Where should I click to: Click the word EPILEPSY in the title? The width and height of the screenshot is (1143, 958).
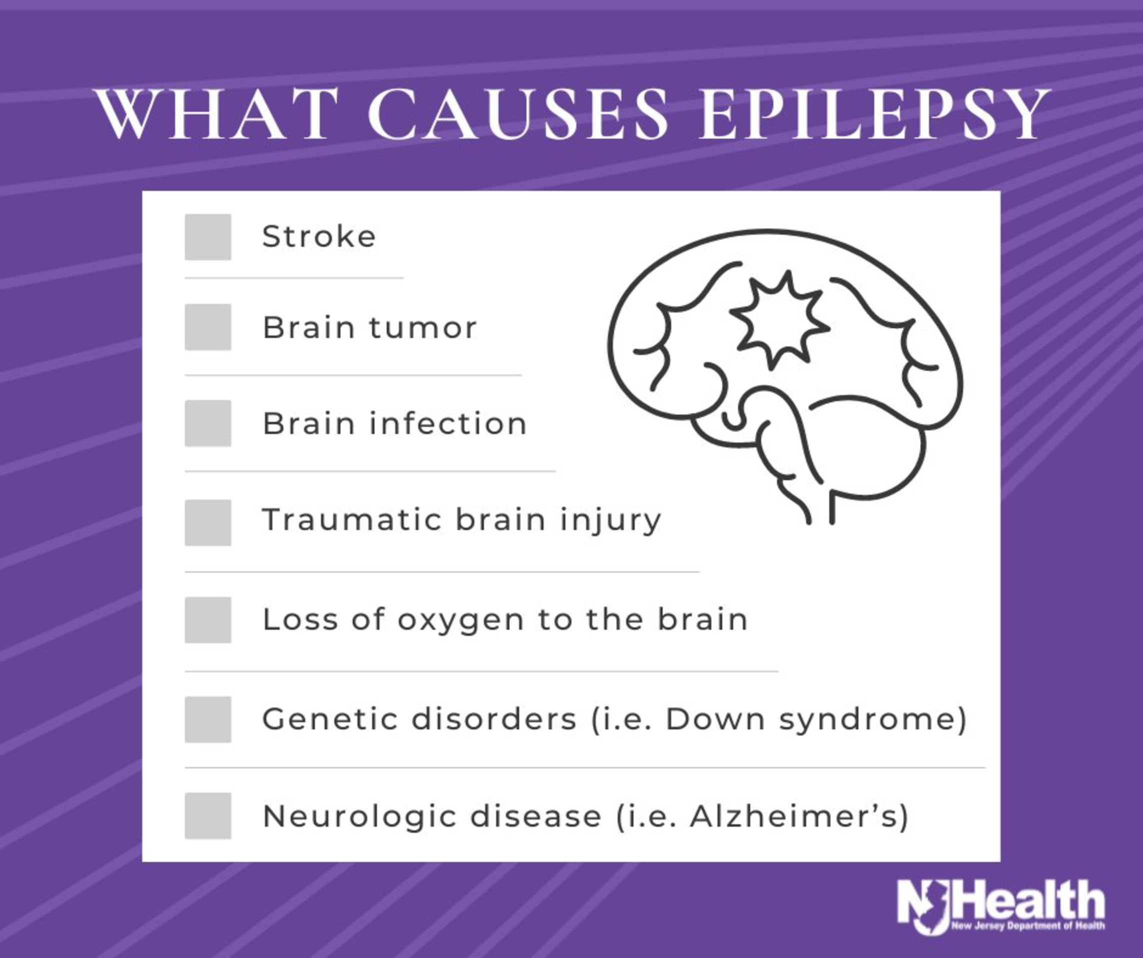[x=874, y=114]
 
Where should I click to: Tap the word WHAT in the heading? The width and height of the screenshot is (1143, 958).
[x=212, y=114]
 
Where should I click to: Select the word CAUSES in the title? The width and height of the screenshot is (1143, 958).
[x=517, y=114]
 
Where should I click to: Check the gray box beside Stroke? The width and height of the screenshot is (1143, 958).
[x=208, y=237]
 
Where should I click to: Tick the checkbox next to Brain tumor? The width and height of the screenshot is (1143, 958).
[x=208, y=327]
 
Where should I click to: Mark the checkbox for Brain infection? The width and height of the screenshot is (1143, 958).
[x=208, y=423]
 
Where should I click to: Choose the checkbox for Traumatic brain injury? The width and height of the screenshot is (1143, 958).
[x=208, y=522]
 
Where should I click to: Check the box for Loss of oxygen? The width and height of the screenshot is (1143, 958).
[x=208, y=620]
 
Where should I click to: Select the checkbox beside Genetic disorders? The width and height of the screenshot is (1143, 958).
[x=208, y=719]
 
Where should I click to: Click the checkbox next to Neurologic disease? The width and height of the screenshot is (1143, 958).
[x=208, y=816]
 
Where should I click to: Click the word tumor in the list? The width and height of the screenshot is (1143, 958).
[x=423, y=327]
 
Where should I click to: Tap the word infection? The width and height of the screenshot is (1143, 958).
[x=448, y=423]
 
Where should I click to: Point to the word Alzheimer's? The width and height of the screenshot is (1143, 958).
[x=792, y=816]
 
